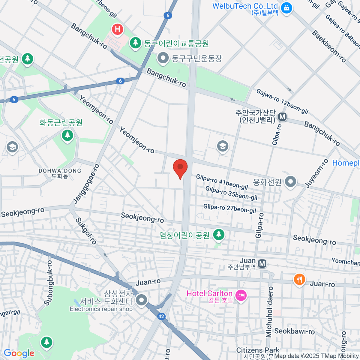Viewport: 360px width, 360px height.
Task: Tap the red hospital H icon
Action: (x=118, y=29)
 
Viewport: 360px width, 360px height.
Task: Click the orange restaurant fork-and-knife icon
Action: (x=299, y=280)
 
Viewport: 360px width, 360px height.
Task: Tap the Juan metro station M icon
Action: (x=262, y=264)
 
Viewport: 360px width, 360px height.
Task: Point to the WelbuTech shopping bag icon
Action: (x=287, y=7)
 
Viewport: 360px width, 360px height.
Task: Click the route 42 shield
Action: (x=161, y=316)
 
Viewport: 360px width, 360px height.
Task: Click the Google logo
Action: (x=19, y=353)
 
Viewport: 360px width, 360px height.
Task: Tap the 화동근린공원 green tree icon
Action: (x=67, y=135)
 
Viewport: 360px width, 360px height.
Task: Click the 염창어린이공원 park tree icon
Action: (x=219, y=235)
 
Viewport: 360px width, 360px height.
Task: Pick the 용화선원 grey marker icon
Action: (x=290, y=182)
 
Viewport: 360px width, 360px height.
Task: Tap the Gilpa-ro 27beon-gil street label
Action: (x=229, y=208)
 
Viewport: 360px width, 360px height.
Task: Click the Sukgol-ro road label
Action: (x=86, y=231)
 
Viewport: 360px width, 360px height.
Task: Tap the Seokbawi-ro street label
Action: (x=294, y=331)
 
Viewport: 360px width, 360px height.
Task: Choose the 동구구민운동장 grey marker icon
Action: (x=163, y=58)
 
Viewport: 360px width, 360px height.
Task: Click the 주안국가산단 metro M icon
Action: (x=282, y=117)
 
